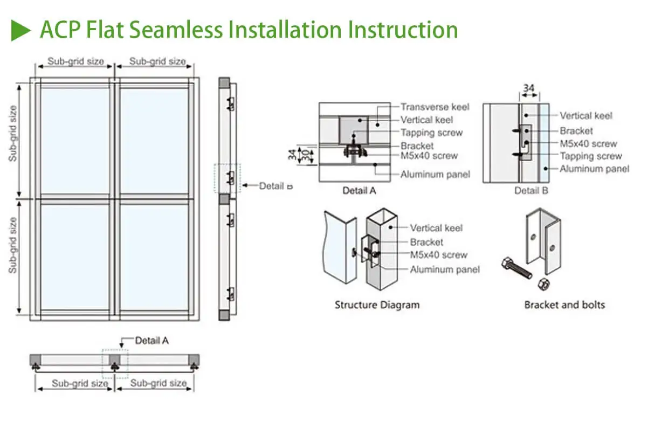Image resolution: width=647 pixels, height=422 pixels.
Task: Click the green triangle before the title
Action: point(22,30)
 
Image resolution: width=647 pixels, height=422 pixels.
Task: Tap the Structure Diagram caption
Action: point(377,305)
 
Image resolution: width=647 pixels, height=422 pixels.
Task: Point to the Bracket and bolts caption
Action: point(565,305)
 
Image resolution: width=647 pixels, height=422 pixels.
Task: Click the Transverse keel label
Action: point(435,107)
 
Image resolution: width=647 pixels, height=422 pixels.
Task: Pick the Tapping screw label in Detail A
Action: point(431,133)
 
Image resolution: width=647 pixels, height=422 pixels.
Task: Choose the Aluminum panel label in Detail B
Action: point(594,169)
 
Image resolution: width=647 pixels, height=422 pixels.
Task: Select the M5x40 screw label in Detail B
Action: point(588,143)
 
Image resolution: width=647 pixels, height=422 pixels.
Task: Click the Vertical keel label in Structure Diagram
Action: point(436,228)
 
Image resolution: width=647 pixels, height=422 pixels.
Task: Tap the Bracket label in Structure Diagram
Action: point(426,242)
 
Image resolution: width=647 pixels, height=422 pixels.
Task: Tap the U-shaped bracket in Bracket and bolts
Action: point(542,237)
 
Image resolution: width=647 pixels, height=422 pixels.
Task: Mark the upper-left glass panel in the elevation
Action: point(75,140)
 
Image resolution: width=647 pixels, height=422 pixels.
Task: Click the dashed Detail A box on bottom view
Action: point(115,363)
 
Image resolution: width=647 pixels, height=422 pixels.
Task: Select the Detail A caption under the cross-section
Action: point(359,191)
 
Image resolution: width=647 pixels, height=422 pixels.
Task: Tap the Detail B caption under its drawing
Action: point(531,191)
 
